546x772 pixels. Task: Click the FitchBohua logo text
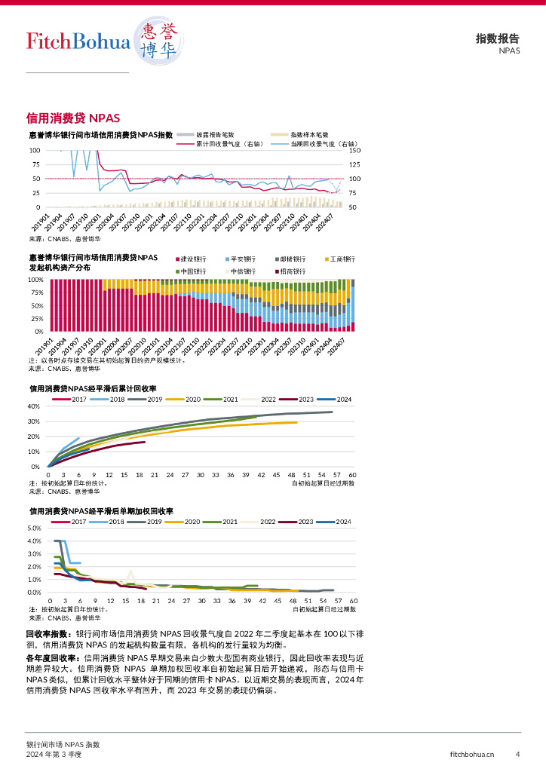tap(78, 41)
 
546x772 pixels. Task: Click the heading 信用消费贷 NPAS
tap(73, 118)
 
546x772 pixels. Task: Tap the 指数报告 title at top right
tap(497, 39)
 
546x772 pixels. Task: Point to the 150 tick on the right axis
tap(355, 151)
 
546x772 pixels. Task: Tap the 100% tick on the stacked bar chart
tap(35, 280)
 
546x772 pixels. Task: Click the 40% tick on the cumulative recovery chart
tap(33, 406)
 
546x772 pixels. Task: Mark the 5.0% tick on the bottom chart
tap(33, 528)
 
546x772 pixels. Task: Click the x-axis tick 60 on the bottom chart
tap(353, 601)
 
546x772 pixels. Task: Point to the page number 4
tap(517, 754)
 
